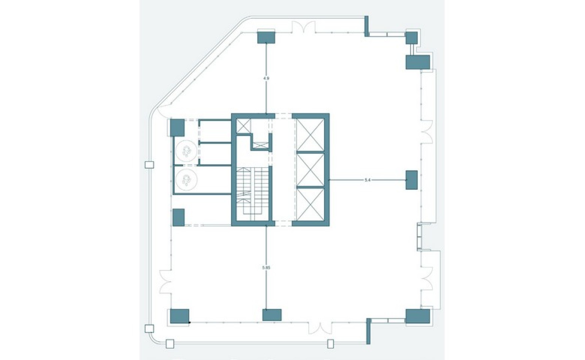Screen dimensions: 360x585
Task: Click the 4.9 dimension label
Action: (x=266, y=78)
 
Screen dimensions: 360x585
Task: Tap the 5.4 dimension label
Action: (x=368, y=180)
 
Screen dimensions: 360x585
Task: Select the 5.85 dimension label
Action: (x=266, y=267)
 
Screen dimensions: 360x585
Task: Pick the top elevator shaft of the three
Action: (x=310, y=135)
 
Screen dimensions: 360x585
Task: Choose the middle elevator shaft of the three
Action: (x=310, y=170)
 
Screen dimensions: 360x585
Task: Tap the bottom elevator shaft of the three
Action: (x=310, y=205)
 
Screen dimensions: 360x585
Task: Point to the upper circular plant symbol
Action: (x=186, y=152)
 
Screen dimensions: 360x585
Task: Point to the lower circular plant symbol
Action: (x=186, y=180)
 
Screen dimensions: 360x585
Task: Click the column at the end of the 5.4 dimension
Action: (x=411, y=180)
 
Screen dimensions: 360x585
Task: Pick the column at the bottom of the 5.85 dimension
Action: (x=272, y=315)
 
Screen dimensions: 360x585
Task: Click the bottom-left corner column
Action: (x=179, y=316)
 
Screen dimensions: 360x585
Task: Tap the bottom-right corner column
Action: (x=417, y=316)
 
